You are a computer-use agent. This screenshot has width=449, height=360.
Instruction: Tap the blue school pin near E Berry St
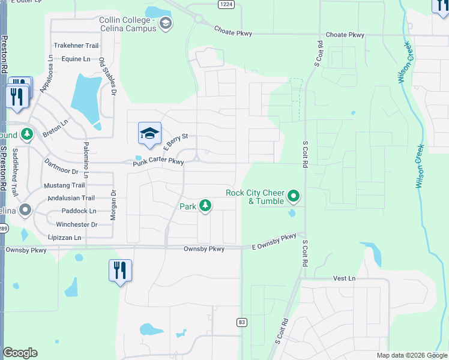pos(150,134)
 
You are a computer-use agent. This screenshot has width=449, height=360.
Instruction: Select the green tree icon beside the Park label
pos(206,206)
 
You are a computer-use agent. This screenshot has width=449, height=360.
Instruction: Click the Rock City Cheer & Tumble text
pos(255,197)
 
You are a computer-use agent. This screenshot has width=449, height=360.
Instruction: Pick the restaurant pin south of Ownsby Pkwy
pos(120,271)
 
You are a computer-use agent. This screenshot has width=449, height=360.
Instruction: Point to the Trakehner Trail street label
pos(76,46)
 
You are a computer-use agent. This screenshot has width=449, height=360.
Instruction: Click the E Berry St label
pos(175,139)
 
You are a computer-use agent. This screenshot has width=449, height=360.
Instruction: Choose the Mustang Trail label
pos(66,185)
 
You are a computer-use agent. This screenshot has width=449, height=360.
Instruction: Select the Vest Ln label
pos(345,278)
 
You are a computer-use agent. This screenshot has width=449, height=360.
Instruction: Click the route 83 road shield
pos(242,322)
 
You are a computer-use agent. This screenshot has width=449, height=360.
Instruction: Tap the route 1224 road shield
pos(226,4)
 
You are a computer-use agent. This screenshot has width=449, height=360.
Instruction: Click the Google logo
pos(20,353)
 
